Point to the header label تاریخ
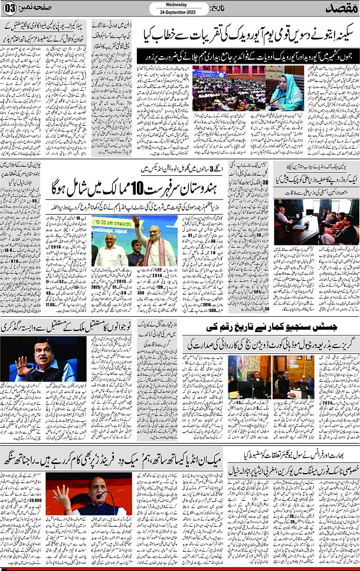coord(220,9)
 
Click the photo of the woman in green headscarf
coord(285,88)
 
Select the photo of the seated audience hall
coord(228,88)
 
